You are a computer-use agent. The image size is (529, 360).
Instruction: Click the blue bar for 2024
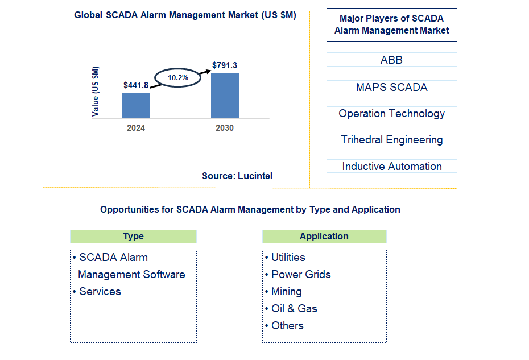(x=136, y=106)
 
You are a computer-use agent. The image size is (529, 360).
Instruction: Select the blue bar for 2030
(x=225, y=96)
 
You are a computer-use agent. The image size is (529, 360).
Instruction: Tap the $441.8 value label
(x=136, y=85)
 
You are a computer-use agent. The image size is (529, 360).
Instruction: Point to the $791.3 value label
(x=225, y=65)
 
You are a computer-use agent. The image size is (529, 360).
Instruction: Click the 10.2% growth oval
(x=178, y=77)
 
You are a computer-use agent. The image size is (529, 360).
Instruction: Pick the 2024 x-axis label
(x=136, y=128)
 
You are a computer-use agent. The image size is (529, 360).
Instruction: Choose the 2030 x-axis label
(x=225, y=128)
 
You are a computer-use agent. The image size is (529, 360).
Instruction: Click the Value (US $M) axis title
(x=96, y=92)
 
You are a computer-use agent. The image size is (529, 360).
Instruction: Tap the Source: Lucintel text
(x=237, y=176)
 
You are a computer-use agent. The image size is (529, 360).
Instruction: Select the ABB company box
(x=391, y=60)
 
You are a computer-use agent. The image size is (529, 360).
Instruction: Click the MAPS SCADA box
(x=391, y=87)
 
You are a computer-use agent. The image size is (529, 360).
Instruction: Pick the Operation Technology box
(x=391, y=113)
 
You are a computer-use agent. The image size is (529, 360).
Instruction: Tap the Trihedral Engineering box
(x=391, y=139)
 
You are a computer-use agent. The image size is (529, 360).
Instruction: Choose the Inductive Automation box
(x=391, y=166)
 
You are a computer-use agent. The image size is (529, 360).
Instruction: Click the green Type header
(x=133, y=237)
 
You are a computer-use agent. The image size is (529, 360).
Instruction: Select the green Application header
(x=324, y=237)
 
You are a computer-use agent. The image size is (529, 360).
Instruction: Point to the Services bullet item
(x=100, y=291)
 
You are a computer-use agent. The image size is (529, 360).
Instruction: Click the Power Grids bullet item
(x=301, y=274)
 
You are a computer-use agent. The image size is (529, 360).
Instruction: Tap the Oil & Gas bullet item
(x=294, y=308)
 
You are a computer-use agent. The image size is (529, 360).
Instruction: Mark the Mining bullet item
(x=286, y=291)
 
